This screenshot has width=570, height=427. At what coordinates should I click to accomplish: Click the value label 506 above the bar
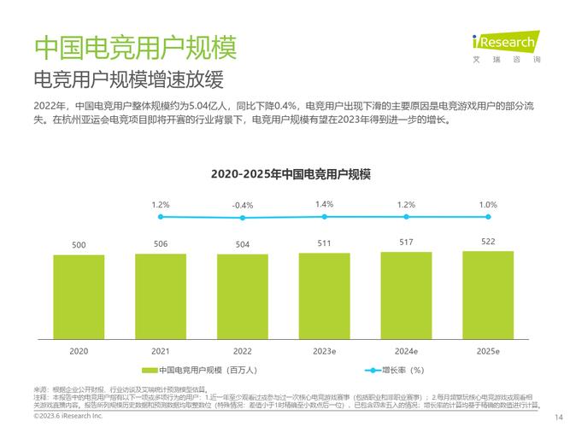coord(161,244)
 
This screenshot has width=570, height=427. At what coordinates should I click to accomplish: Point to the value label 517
coord(406,243)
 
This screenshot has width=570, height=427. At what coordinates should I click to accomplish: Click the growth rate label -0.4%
coord(243,206)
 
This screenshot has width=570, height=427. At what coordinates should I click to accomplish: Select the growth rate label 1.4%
coord(325,204)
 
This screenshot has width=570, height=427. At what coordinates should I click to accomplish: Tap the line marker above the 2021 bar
coord(161,217)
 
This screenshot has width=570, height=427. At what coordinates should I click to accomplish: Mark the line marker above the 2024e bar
coord(406,217)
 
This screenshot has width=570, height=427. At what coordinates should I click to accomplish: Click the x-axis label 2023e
coord(325,351)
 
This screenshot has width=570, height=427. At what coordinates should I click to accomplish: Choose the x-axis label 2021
coord(161,351)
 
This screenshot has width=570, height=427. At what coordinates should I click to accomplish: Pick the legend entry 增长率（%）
coord(395,371)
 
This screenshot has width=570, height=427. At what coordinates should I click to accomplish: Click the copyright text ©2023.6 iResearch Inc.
coord(68,416)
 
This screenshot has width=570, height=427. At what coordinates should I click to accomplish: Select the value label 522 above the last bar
coord(488,242)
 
